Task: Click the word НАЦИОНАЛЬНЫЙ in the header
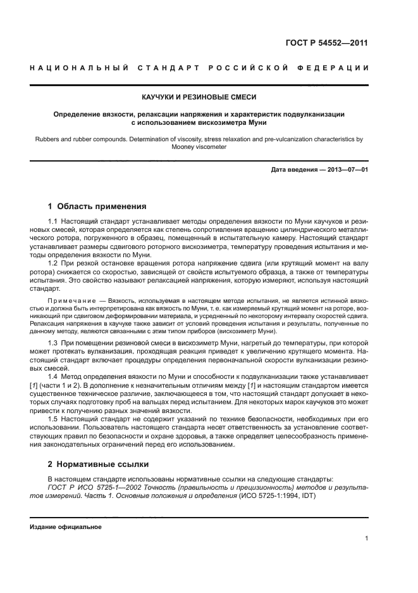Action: [72, 68]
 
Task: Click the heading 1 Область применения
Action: [98, 206]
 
